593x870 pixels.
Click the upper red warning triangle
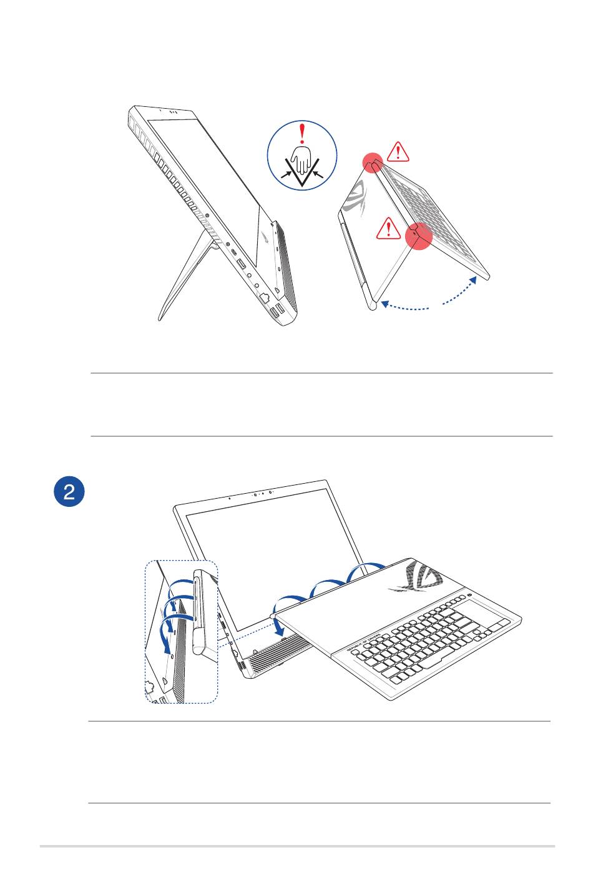pyautogui.click(x=398, y=151)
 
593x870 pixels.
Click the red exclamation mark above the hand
pyautogui.click(x=303, y=134)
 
